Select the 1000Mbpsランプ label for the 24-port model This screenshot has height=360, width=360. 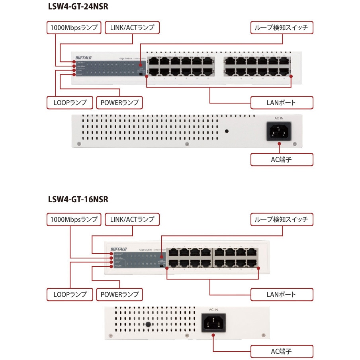click(x=74, y=28)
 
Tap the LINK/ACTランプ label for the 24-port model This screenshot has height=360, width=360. click(x=132, y=28)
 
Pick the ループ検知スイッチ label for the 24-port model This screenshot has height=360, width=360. click(x=282, y=28)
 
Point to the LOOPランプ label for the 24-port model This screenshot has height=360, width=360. click(x=70, y=102)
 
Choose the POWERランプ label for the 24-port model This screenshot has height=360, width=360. click(x=119, y=102)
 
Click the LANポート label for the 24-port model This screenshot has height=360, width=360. click(x=282, y=102)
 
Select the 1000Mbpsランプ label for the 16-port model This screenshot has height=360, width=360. click(x=74, y=219)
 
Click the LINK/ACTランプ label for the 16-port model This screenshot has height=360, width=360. click(x=132, y=219)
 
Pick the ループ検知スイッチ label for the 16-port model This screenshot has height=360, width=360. click(x=282, y=219)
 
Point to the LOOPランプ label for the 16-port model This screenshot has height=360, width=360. click(x=70, y=294)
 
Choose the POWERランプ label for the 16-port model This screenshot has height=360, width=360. click(x=119, y=294)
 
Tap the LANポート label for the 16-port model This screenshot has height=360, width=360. click(x=282, y=294)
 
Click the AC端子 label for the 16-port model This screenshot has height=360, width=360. click(x=282, y=351)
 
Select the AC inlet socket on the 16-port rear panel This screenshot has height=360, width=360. click(x=213, y=322)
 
